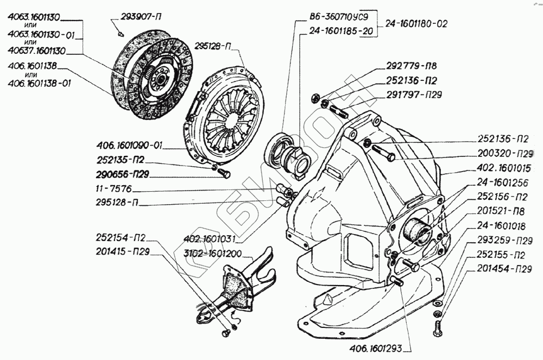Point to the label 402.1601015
click(x=504, y=168)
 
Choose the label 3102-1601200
click(x=213, y=253)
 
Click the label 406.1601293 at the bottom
click(x=376, y=348)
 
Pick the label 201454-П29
click(x=504, y=269)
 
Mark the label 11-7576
click(x=113, y=189)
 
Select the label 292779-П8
click(x=412, y=66)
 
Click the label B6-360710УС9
click(x=339, y=17)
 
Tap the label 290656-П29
click(x=122, y=174)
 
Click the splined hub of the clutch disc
click(x=162, y=78)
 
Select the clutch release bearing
click(x=286, y=154)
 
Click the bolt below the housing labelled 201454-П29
click(x=437, y=329)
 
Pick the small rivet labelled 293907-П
click(x=121, y=34)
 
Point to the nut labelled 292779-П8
click(x=314, y=97)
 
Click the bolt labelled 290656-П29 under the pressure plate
click(x=224, y=173)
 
